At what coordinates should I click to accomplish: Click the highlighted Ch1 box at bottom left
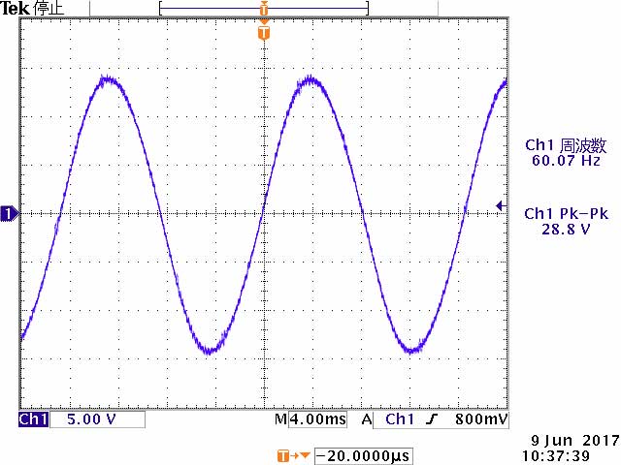click(34, 420)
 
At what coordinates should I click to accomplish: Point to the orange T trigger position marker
click(263, 33)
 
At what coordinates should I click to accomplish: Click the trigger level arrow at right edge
click(500, 205)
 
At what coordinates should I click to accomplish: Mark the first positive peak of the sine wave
click(108, 80)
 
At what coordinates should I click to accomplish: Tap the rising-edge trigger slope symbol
click(432, 420)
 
